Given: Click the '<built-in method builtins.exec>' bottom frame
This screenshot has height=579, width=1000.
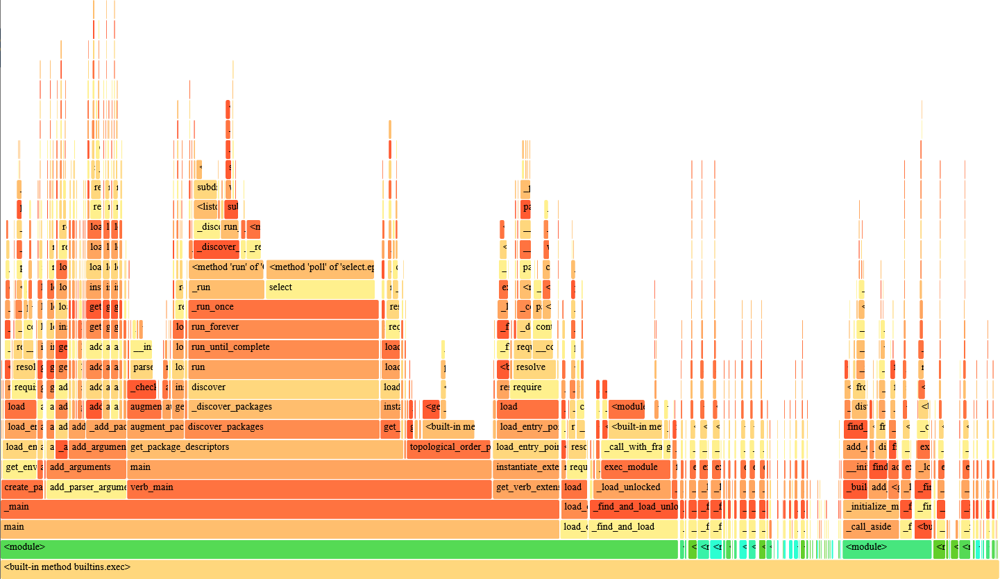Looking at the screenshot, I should click(x=500, y=567).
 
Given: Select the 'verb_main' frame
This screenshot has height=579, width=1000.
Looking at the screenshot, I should click(x=309, y=488).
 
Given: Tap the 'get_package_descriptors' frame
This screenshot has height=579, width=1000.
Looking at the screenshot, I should click(x=266, y=448).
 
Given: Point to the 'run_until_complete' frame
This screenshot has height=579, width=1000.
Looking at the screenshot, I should click(x=283, y=348).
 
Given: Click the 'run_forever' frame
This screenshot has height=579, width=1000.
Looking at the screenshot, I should click(x=283, y=328).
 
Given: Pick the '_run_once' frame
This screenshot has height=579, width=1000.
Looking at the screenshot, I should click(x=283, y=308).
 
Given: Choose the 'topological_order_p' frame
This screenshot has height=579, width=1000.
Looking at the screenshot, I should click(x=449, y=448).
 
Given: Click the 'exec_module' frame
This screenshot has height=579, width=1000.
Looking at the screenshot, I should click(x=636, y=468).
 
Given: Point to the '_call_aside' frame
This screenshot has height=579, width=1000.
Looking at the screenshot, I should click(x=870, y=528).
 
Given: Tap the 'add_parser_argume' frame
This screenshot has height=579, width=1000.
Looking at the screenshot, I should click(x=87, y=488).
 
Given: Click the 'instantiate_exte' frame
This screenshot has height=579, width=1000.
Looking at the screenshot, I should click(x=527, y=468).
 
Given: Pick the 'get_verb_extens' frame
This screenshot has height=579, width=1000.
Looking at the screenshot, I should click(x=527, y=488).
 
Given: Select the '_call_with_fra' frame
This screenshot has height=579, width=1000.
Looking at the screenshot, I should click(x=633, y=448).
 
